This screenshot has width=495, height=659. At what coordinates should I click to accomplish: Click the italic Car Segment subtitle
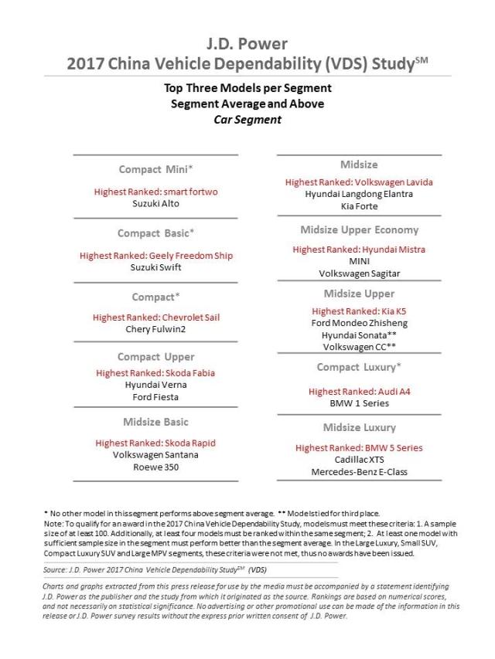[247, 120]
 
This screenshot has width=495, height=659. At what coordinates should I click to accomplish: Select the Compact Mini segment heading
[155, 169]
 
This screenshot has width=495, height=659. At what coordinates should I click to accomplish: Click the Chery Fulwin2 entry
[155, 329]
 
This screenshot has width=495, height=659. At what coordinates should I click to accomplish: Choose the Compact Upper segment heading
[155, 357]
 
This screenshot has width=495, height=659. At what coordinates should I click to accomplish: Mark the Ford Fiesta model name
[155, 397]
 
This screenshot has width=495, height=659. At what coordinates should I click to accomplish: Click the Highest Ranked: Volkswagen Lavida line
[359, 182]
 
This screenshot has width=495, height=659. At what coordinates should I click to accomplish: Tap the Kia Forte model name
[359, 207]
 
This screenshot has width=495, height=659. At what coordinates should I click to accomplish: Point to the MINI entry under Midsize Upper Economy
[359, 261]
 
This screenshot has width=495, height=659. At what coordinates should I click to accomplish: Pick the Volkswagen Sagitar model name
[359, 273]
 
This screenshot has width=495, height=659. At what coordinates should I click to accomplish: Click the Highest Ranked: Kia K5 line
[359, 311]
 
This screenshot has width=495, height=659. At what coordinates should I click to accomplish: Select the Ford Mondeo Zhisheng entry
[359, 323]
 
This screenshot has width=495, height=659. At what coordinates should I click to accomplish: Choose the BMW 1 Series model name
[359, 403]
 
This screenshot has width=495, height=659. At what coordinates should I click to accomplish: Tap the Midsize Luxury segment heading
[359, 427]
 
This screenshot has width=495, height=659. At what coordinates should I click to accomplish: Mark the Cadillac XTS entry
[359, 459]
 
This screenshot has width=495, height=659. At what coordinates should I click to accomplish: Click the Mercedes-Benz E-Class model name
[359, 471]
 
